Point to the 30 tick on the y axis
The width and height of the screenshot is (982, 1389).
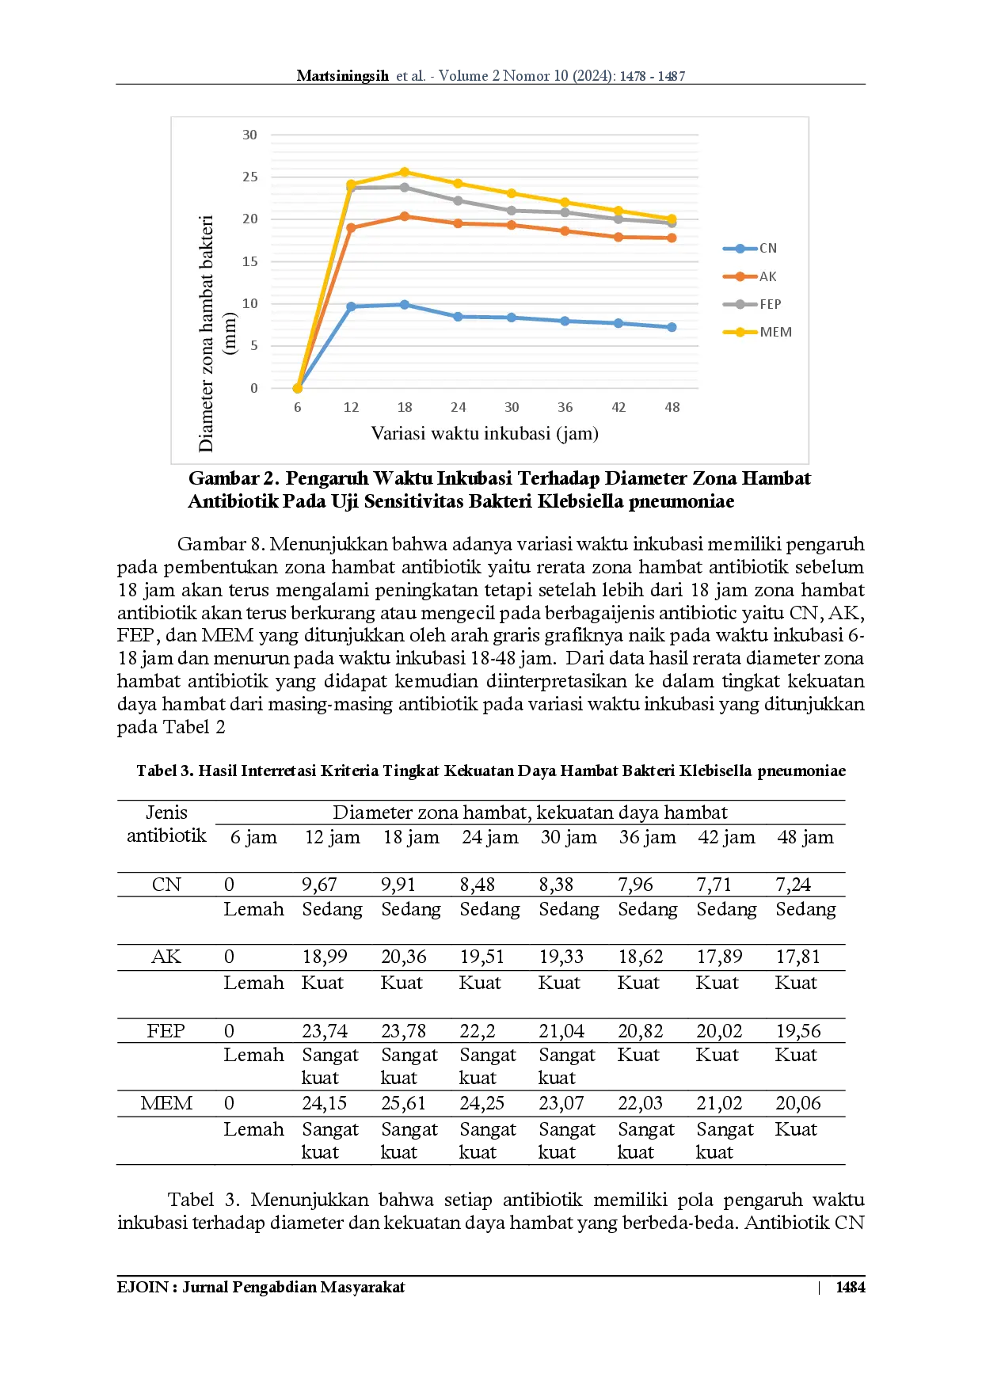click(249, 135)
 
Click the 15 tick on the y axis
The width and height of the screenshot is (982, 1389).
click(249, 262)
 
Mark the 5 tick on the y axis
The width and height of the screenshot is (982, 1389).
click(253, 346)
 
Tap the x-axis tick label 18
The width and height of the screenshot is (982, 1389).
click(405, 407)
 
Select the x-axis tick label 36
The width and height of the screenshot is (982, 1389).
click(565, 407)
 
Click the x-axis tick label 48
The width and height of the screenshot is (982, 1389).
click(672, 407)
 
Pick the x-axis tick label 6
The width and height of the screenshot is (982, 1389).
click(298, 407)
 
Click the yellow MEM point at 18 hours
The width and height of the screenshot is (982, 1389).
click(405, 172)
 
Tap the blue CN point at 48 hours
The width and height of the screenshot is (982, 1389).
click(672, 327)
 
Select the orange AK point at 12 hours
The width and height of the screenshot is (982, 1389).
click(351, 228)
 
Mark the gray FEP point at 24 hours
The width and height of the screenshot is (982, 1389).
click(458, 200)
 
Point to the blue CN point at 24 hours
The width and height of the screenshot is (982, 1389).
click(458, 317)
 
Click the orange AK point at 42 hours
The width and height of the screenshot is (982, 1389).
click(619, 237)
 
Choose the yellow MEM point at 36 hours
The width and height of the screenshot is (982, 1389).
click(565, 203)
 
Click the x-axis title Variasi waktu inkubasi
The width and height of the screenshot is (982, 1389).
click(485, 433)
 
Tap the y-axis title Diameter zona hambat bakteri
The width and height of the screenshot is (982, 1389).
click(207, 333)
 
